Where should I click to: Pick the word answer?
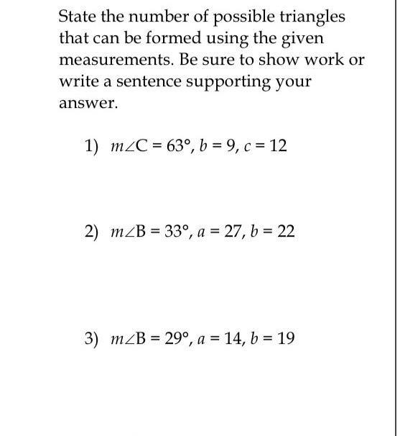point(87,103)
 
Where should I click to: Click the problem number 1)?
point(91,146)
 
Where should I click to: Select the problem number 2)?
point(91,232)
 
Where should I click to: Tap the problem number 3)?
point(91,338)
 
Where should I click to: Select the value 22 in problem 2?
point(286,232)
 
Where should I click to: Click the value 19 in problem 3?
point(285,338)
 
